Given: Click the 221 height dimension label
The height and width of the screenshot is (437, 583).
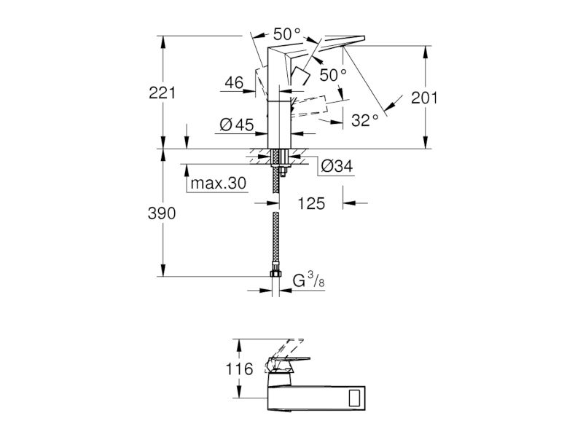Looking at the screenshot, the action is (x=162, y=92).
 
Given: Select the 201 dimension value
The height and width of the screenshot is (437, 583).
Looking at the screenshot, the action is (x=424, y=98).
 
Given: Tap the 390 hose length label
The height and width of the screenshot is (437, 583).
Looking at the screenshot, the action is (x=162, y=213).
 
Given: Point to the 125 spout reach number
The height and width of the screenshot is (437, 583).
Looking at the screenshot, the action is (x=311, y=203).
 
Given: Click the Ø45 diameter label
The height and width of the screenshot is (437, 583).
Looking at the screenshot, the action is (x=237, y=125).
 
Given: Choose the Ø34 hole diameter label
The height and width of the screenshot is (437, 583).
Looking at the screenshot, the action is (x=336, y=166).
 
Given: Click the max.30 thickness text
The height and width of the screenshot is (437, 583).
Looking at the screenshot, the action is (x=218, y=183).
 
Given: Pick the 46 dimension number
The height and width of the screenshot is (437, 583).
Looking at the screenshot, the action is (x=234, y=82).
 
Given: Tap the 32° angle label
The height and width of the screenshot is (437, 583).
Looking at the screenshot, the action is (x=365, y=120).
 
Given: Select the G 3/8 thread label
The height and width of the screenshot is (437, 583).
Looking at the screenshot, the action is (x=308, y=280).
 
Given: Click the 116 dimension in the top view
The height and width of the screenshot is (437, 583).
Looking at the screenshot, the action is (x=240, y=369).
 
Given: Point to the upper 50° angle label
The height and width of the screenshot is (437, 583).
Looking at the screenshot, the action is (x=286, y=34).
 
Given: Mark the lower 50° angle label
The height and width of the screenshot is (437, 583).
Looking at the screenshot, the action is (x=333, y=75).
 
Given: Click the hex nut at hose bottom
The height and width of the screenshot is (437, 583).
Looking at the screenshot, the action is (x=275, y=274).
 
